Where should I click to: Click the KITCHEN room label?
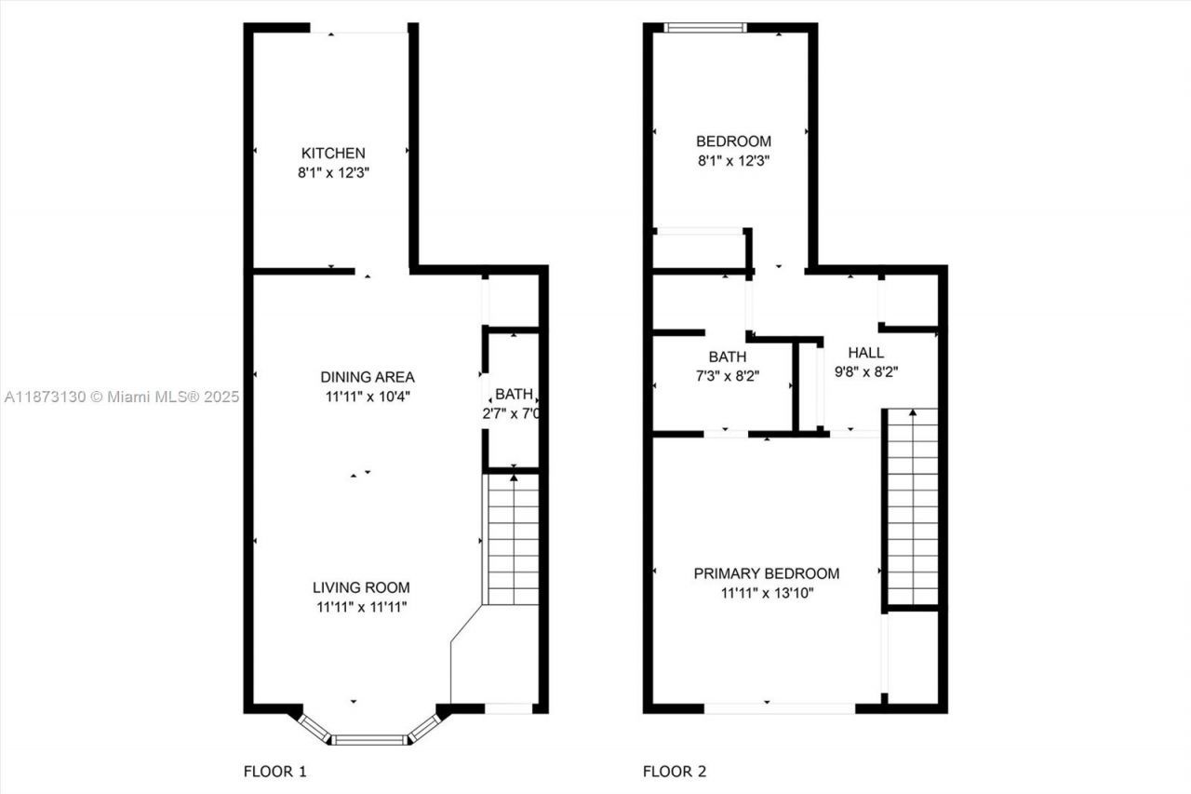332,153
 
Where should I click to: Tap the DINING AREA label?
367,377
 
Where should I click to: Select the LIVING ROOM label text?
361,587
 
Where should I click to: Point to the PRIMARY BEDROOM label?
766,573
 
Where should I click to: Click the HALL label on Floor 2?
865,353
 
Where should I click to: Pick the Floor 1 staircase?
513,540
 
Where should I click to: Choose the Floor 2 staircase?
912,507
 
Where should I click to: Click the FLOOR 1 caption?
274,772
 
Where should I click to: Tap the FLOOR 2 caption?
675,772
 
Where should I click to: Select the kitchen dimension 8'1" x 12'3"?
333,172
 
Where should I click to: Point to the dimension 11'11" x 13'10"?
766,593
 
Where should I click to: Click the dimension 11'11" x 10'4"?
367,397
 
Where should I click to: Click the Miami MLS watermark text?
121,397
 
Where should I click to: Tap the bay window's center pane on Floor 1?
369,740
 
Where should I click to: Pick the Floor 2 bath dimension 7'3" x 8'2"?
727,375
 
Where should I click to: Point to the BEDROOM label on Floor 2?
733,141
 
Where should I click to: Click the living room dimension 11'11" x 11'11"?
361,607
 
